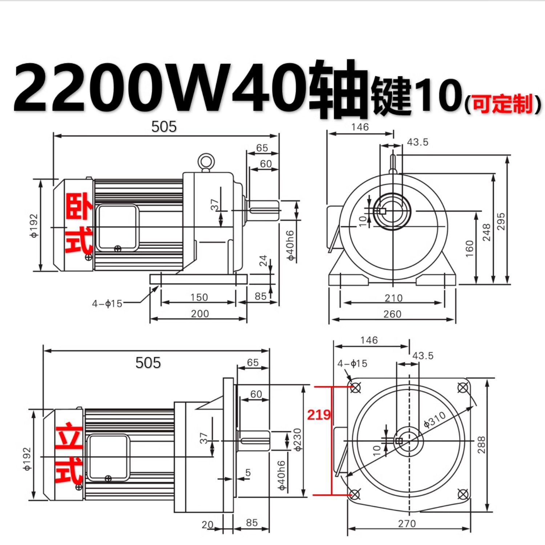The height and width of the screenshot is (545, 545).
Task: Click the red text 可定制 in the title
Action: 503,104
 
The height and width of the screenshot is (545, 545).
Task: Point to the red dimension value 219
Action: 319,415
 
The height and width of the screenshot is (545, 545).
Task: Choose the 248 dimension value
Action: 486,233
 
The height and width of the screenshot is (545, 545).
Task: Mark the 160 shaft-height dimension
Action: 469,249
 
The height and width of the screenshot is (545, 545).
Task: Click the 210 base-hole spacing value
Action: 393,298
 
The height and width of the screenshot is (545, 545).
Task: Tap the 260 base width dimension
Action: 392,314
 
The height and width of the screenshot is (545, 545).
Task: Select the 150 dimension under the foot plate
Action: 199,297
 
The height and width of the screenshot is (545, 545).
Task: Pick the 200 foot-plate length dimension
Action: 200,313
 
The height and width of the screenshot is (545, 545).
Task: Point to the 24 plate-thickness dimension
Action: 263,260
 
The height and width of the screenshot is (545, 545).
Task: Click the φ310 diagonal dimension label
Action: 435,420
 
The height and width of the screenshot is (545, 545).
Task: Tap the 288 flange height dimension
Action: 481,445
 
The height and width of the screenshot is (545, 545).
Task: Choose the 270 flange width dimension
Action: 407,524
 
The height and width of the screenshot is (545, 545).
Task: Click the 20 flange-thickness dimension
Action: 208,525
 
